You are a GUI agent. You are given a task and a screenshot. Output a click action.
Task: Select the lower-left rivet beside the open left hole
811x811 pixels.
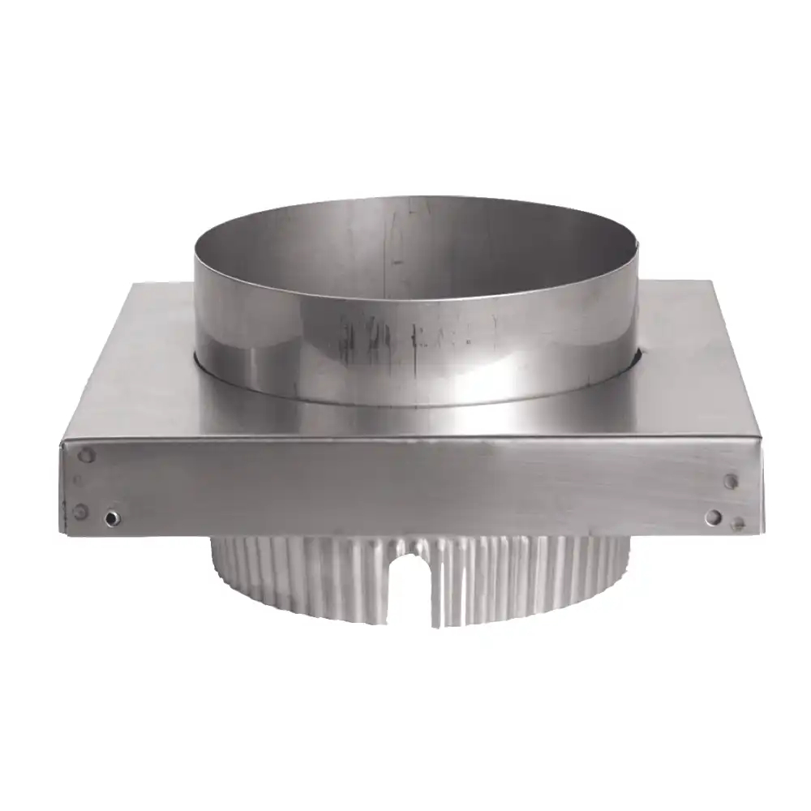[x=79, y=511]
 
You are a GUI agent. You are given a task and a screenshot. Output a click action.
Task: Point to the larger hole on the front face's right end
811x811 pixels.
[x=714, y=516]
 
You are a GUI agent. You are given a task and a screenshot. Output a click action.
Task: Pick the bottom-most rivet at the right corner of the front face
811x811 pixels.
[x=737, y=525]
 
